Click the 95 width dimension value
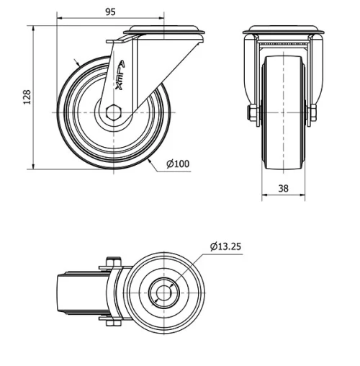pos(110,12)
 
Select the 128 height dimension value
pos(27,97)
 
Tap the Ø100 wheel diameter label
pos(177,164)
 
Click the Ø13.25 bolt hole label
pos(225,247)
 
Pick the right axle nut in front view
pos(313,113)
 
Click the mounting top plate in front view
pos(281,31)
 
